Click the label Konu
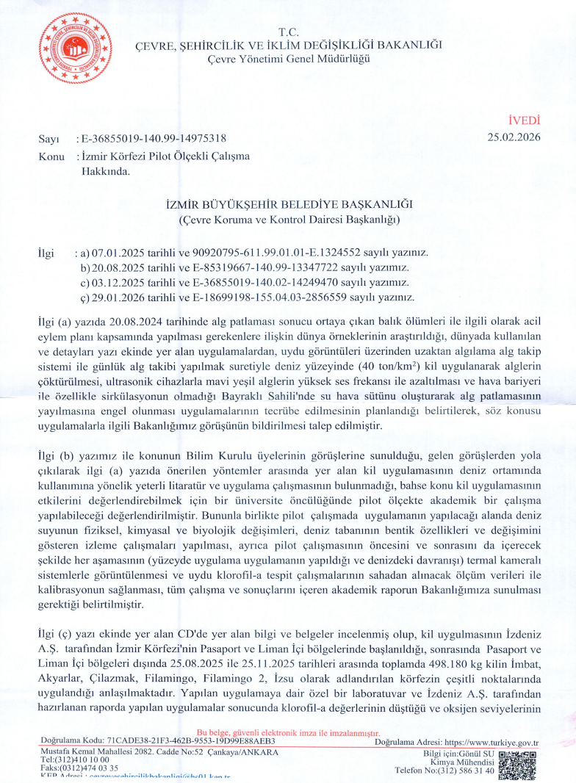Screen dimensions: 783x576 (x=50, y=156)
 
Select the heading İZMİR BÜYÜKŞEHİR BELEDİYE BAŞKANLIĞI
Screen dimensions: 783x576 (x=288, y=203)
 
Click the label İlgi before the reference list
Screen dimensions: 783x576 (x=46, y=253)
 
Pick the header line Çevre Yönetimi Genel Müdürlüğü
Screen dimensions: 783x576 (x=289, y=58)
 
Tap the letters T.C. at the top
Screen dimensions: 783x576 (x=289, y=33)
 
